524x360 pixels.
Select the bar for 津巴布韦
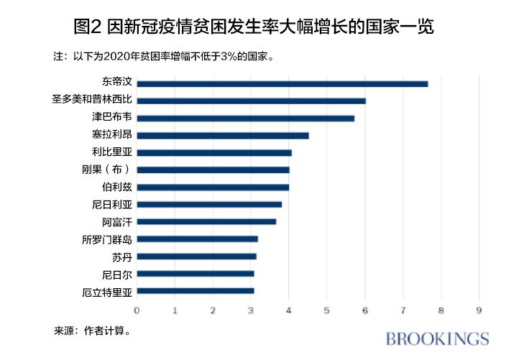(x=245, y=119)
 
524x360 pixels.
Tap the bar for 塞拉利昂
(x=222, y=135)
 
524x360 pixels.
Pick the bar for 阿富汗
(x=206, y=221)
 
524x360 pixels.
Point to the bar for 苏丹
(x=196, y=257)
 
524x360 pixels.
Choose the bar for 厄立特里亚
(x=195, y=291)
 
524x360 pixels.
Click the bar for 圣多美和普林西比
(x=251, y=101)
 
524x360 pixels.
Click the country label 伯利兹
(x=117, y=187)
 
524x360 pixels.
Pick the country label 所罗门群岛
(x=107, y=239)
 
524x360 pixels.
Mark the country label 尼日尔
(x=117, y=274)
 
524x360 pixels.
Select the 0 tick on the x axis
(x=137, y=310)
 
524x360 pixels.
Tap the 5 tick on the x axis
(x=327, y=310)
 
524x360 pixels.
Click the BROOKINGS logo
(x=437, y=339)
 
